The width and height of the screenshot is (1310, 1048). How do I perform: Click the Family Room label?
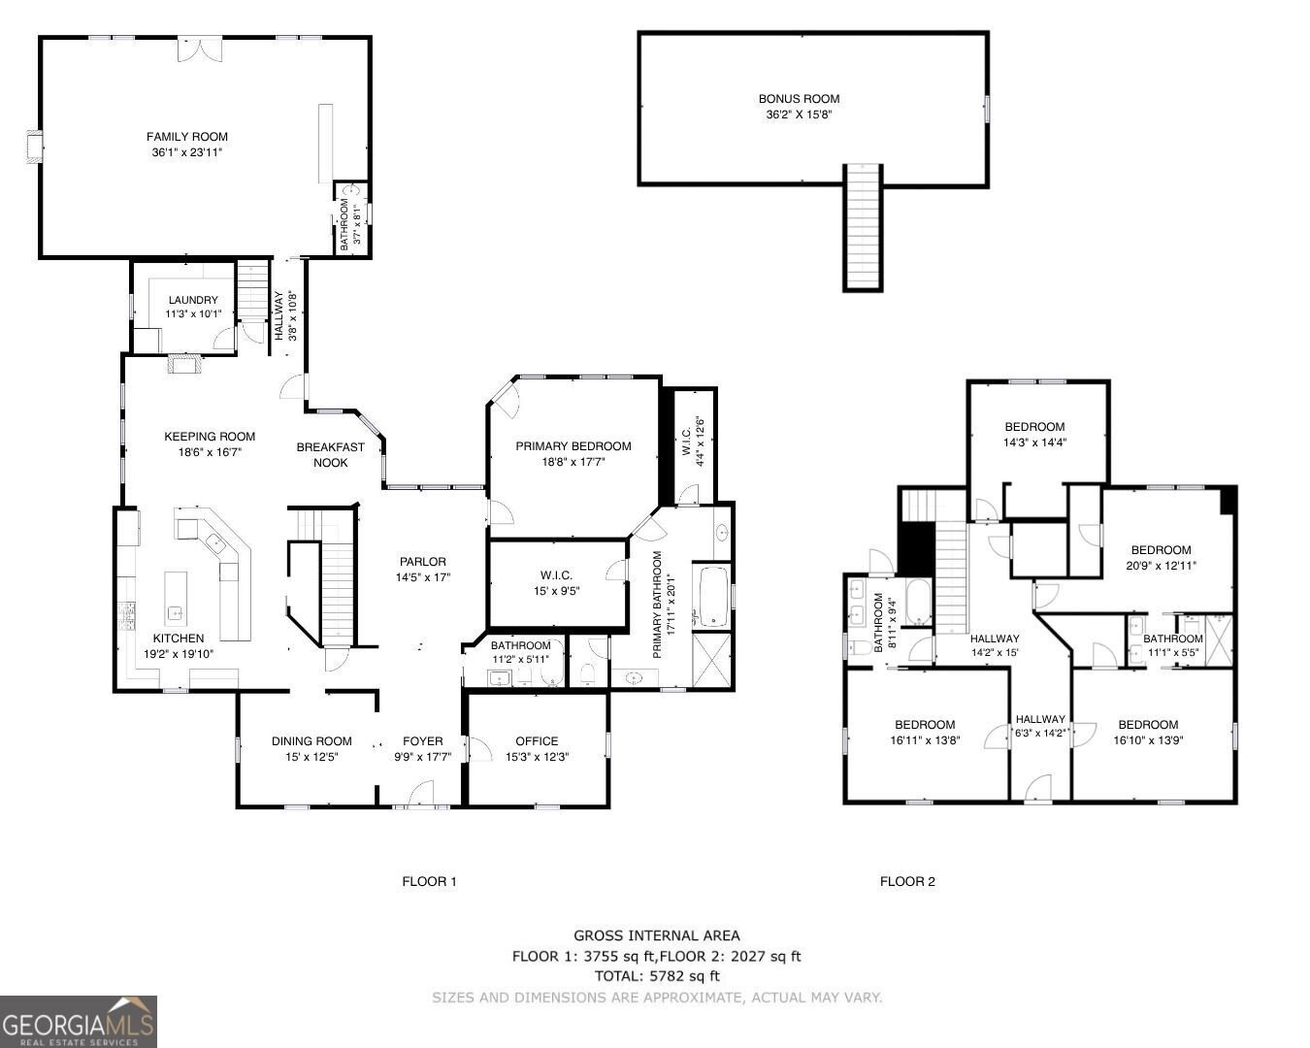[x=187, y=137]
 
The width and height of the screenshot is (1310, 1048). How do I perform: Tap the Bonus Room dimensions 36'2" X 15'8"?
[x=799, y=115]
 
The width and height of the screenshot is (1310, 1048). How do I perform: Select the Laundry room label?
[x=193, y=300]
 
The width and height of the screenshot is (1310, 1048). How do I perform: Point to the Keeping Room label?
[x=210, y=437]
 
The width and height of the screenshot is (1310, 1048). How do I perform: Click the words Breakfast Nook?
[x=330, y=455]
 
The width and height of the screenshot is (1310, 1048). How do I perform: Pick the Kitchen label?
[x=179, y=639]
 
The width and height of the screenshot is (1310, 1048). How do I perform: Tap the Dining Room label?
[x=311, y=741]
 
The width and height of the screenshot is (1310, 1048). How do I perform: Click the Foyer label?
[x=423, y=741]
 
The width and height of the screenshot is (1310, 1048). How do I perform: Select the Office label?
[x=537, y=741]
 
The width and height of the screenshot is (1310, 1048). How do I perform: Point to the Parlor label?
[x=423, y=562]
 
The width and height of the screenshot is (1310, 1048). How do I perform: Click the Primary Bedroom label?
[x=573, y=446]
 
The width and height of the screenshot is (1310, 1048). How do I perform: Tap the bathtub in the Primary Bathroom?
[x=712, y=596]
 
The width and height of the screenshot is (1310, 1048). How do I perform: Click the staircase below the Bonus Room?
[x=862, y=228]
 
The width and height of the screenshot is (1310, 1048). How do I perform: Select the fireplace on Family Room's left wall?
[x=35, y=147]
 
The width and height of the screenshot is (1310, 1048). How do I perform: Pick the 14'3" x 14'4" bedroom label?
[x=1034, y=427]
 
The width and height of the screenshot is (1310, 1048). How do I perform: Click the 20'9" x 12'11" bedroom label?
[x=1161, y=550]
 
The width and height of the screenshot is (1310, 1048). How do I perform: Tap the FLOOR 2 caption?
[x=907, y=882]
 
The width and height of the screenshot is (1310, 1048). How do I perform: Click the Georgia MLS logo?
[x=79, y=1022]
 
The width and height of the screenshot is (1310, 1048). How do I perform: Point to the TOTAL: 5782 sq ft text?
[x=657, y=976]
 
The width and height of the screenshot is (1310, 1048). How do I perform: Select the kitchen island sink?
[x=176, y=612]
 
